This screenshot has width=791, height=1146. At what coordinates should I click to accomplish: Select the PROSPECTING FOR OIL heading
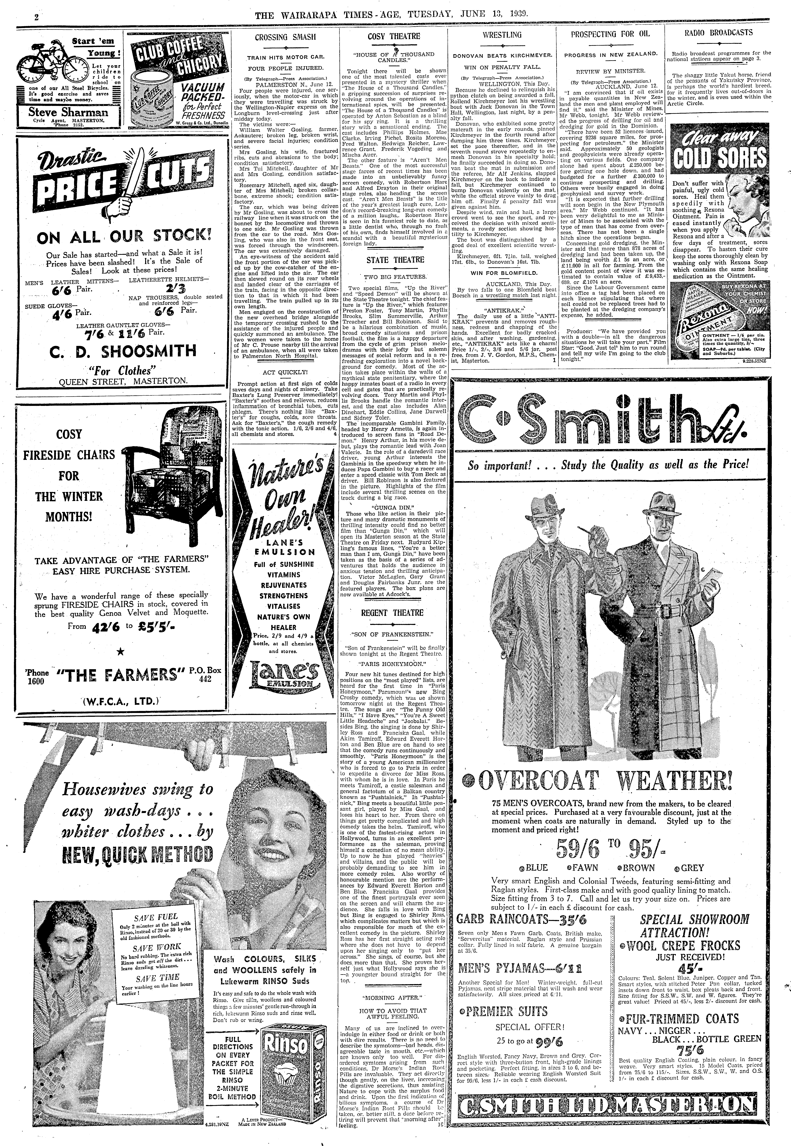(610, 35)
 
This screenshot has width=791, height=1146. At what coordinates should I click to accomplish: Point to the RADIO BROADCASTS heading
(718, 33)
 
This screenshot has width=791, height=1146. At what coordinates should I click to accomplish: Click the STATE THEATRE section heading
(395, 260)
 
